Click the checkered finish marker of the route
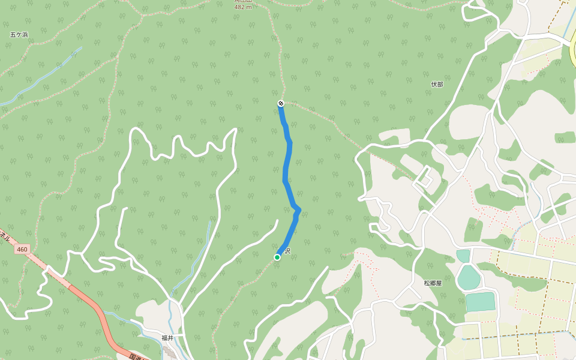(x=280, y=104)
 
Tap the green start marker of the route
(x=277, y=257)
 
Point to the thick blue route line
(x=286, y=174)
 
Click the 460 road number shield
(x=22, y=249)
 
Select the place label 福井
(x=167, y=338)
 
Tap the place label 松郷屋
(x=432, y=283)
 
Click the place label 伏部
(x=437, y=85)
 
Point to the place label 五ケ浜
(x=19, y=35)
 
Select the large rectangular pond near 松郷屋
(x=480, y=302)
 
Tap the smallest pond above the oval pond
(x=463, y=256)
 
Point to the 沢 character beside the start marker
(x=287, y=251)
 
